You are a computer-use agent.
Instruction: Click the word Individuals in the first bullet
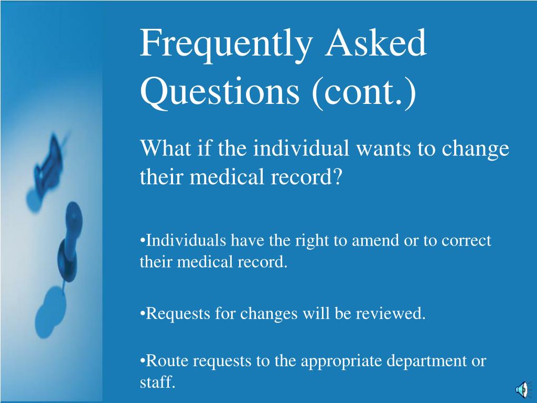pos(186,240)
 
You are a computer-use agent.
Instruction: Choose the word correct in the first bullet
pos(466,241)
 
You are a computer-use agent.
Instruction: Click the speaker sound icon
pos(523,390)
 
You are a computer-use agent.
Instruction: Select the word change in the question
pos(475,150)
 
